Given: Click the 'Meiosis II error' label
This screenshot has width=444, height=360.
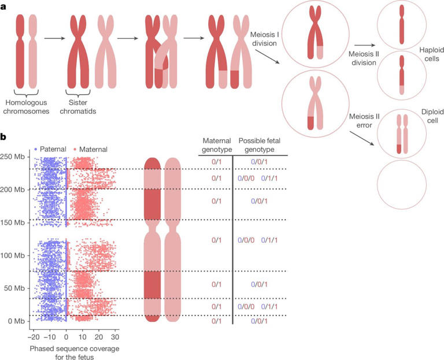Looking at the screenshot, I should [x=364, y=121].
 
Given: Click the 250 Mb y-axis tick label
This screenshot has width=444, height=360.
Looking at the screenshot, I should [x=14, y=157].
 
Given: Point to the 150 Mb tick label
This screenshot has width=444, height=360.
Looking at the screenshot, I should [x=14, y=222].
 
